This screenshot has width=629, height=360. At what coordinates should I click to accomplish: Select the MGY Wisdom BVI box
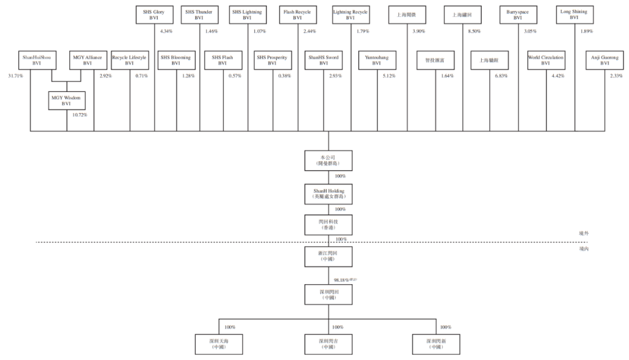[x=67, y=101]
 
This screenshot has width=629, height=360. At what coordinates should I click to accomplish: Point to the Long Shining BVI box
[x=574, y=15]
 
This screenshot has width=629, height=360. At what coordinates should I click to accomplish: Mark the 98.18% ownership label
[x=345, y=280]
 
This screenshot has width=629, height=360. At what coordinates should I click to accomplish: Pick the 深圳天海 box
[x=218, y=344]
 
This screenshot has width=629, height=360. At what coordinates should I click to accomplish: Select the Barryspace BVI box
[x=518, y=15]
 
